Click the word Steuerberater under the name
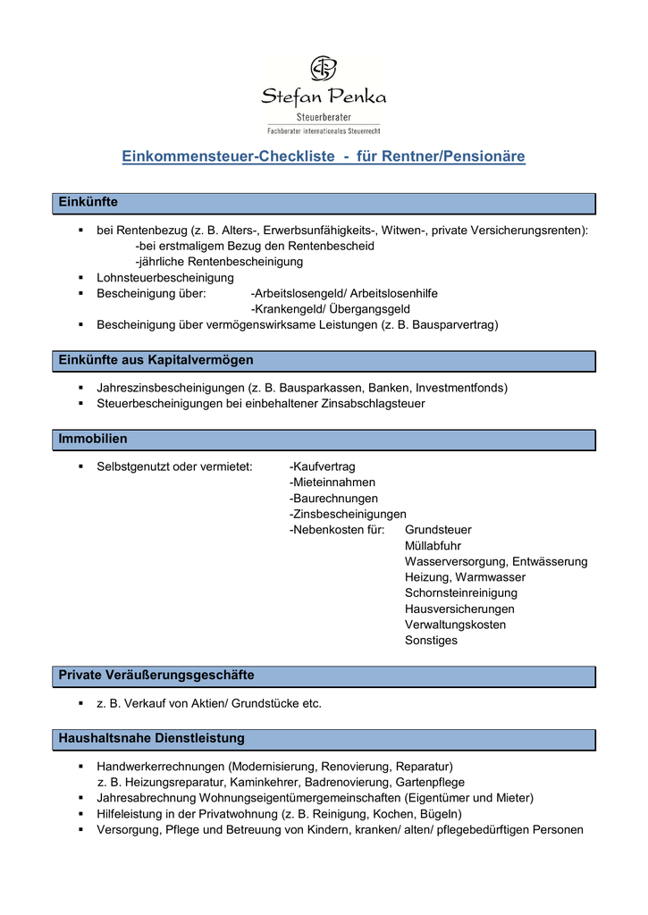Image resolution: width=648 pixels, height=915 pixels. tap(324, 117)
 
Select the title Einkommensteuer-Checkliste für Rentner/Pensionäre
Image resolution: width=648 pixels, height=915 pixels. tap(324, 157)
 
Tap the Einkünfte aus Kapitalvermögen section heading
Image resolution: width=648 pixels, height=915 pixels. tap(156, 360)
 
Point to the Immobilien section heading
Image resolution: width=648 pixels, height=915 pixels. tap(93, 439)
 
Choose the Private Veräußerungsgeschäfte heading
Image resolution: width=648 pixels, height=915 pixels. tap(156, 675)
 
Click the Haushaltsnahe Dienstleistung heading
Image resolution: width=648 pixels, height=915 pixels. tap(151, 739)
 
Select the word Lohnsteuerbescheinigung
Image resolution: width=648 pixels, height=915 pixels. tap(165, 278)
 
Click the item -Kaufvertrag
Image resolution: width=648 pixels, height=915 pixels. tap(323, 466)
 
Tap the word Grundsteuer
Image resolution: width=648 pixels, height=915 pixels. tap(438, 530)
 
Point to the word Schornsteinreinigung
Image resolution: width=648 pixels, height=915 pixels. tap(461, 593)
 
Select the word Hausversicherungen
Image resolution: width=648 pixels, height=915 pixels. tap(459, 609)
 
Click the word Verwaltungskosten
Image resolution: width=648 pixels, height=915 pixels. tap(455, 625)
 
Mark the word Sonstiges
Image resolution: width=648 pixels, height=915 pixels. tap(431, 641)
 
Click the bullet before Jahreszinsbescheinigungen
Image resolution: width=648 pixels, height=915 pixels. tap(80, 388)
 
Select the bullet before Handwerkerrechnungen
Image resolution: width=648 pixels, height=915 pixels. tap(80, 767)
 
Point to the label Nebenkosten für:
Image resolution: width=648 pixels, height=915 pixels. tap(337, 530)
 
